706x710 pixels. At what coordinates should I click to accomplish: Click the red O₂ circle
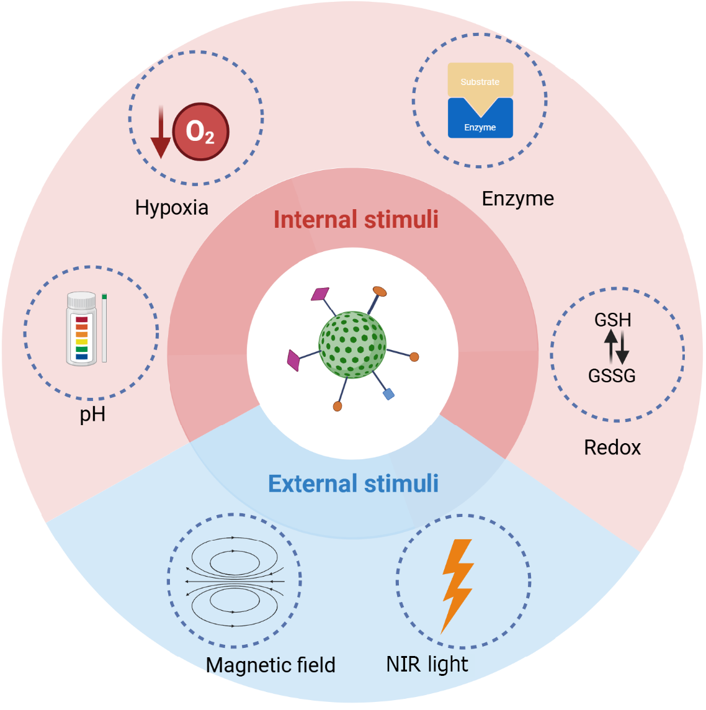point(200,132)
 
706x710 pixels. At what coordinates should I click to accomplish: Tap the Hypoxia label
point(171,207)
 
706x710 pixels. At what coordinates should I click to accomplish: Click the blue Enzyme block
point(480,125)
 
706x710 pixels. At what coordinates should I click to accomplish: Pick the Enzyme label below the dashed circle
point(517,199)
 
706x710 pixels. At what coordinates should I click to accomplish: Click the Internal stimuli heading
point(355,220)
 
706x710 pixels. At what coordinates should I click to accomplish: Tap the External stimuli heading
point(353,484)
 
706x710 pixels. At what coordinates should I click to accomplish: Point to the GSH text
point(612,320)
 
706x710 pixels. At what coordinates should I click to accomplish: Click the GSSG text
point(612,375)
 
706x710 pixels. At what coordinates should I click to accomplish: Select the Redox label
point(612,447)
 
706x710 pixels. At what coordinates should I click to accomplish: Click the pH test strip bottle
point(81,329)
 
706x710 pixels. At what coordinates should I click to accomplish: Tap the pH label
point(92,414)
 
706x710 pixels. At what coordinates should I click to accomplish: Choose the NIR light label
point(427,664)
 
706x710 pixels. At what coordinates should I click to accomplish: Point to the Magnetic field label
point(270,665)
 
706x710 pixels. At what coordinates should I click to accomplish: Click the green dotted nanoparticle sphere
point(352,344)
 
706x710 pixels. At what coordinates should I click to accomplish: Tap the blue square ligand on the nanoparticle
point(388,393)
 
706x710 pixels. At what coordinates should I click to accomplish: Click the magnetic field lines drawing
point(235,582)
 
